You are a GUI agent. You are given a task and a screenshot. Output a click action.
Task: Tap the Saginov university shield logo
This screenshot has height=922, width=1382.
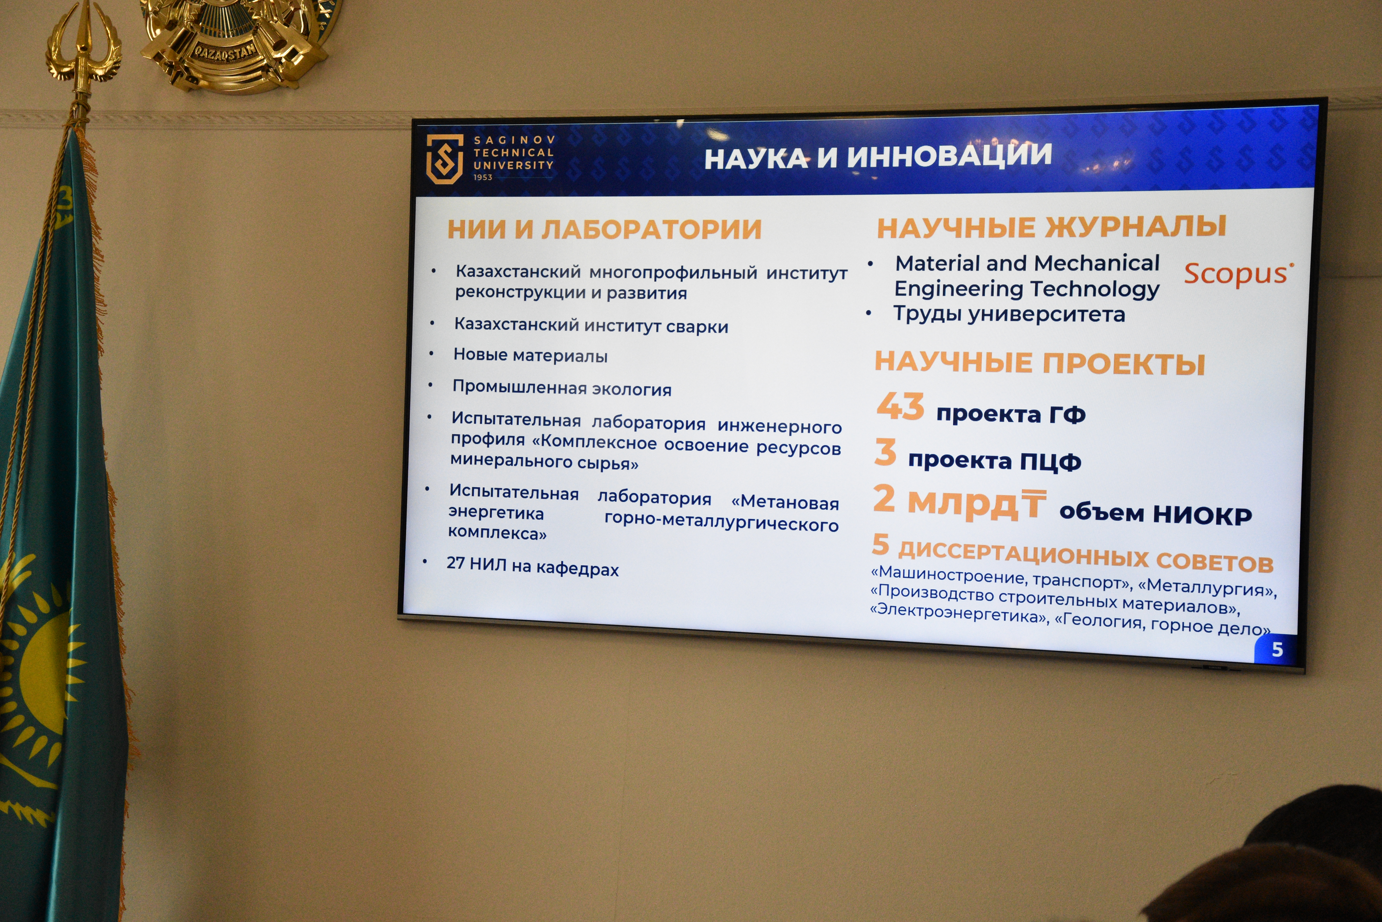[x=444, y=158]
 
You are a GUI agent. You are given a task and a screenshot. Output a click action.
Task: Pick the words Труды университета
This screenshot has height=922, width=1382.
[x=1009, y=314]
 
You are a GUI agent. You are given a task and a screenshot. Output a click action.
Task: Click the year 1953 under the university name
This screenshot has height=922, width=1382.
[x=483, y=177]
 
